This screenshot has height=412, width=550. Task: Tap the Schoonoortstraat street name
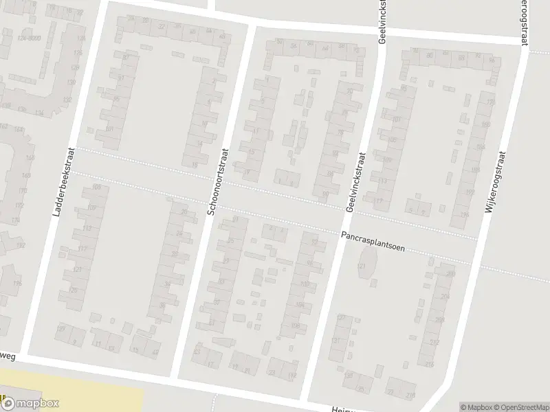pyautogui.click(x=218, y=182)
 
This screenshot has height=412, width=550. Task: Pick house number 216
pyautogui.click(x=430, y=364)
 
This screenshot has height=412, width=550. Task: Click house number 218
pyautogui.click(x=411, y=395)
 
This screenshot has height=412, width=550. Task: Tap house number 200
pyautogui.click(x=450, y=274)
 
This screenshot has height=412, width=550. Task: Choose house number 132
pyautogui.click(x=67, y=100)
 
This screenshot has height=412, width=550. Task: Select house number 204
pyautogui.click(x=445, y=297)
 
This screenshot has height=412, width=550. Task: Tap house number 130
pyautogui.click(x=71, y=82)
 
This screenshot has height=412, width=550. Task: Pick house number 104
pyautogui.click(x=299, y=304)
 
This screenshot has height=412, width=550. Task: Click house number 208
pyautogui.click(x=439, y=319)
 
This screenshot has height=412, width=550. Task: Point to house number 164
pyautogui.click(x=19, y=129)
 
